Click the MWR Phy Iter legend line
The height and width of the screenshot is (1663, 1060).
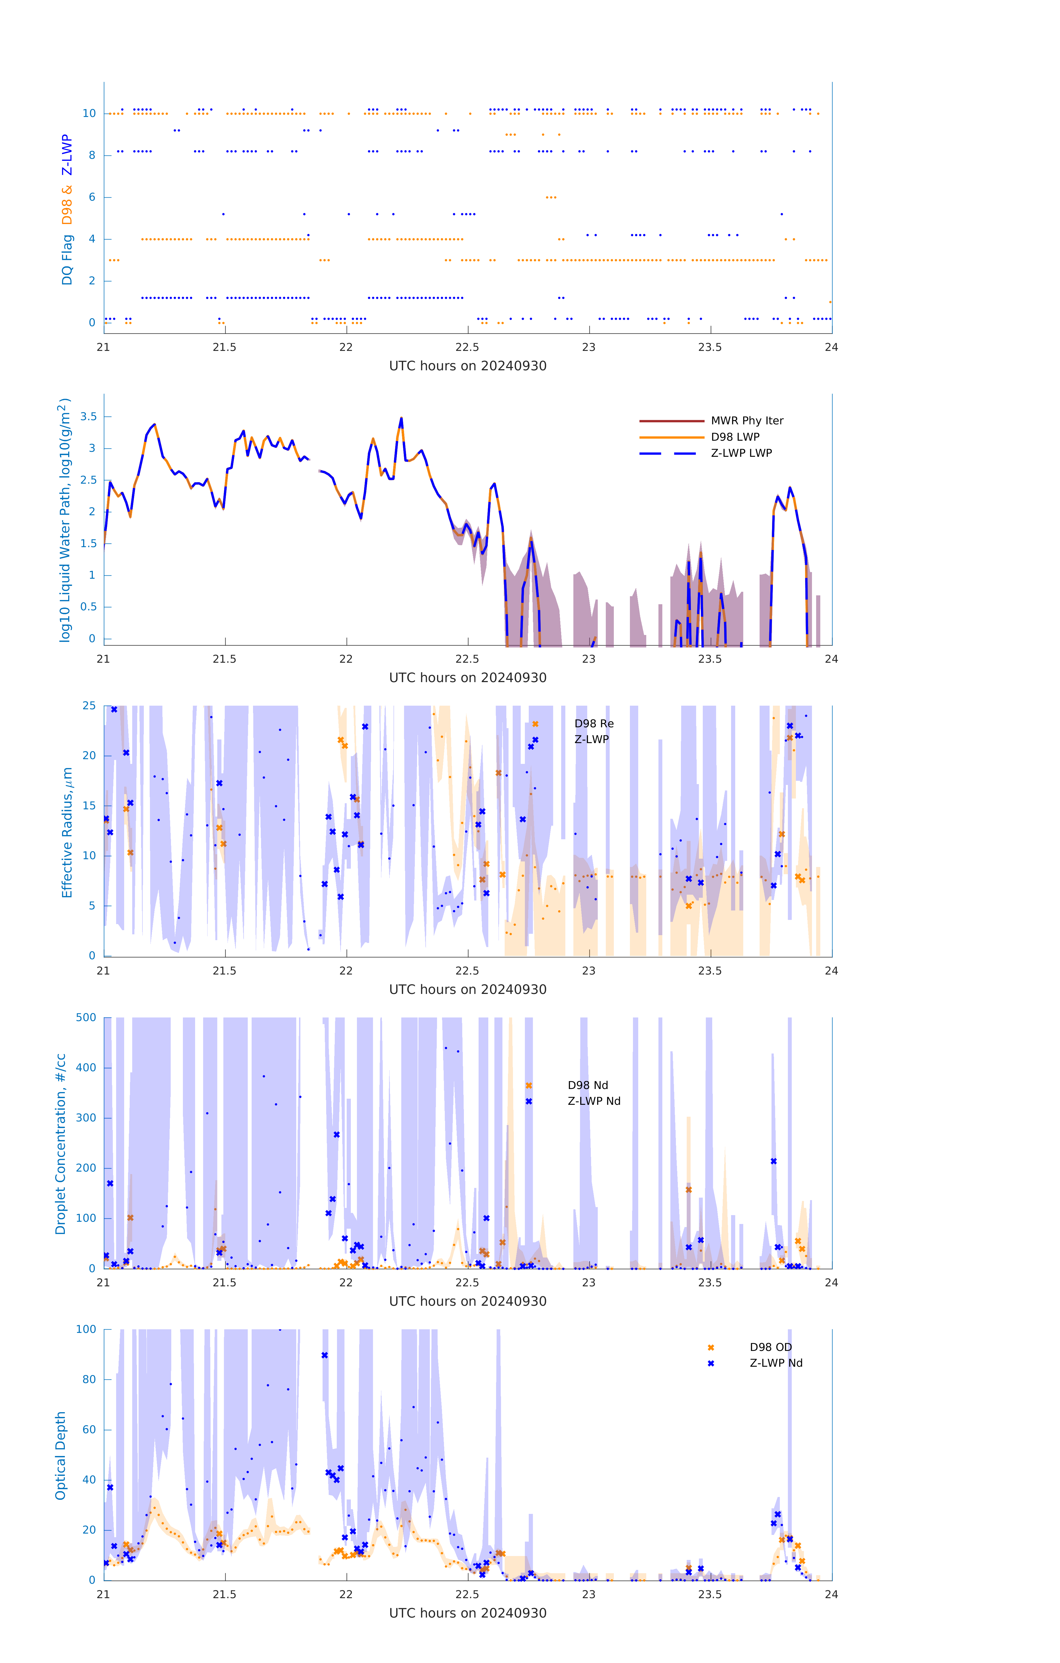pyautogui.click(x=671, y=420)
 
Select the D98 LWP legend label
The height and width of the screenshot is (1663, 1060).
pyautogui.click(x=735, y=437)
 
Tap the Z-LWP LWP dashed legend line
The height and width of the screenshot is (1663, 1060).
pyautogui.click(x=671, y=453)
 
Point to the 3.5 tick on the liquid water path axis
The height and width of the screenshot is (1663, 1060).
pyautogui.click(x=88, y=416)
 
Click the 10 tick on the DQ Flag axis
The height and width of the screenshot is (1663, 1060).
pyautogui.click(x=89, y=113)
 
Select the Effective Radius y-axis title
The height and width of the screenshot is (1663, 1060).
pyautogui.click(x=67, y=832)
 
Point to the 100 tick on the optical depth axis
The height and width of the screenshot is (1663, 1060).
pyautogui.click(x=86, y=1330)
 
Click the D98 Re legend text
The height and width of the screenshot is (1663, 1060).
pyautogui.click(x=594, y=724)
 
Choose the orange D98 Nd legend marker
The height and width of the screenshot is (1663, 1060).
pyautogui.click(x=529, y=1086)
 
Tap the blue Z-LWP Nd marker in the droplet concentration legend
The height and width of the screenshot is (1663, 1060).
pyautogui.click(x=529, y=1101)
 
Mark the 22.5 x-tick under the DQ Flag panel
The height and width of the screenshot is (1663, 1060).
pyautogui.click(x=468, y=347)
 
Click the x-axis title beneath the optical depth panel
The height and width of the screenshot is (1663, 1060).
pyautogui.click(x=468, y=1613)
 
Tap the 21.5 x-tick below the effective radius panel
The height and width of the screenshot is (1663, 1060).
pyautogui.click(x=224, y=971)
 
